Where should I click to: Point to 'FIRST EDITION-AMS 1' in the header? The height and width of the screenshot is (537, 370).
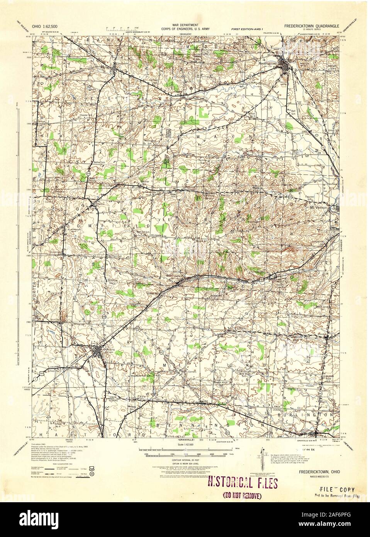(x=247, y=29)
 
